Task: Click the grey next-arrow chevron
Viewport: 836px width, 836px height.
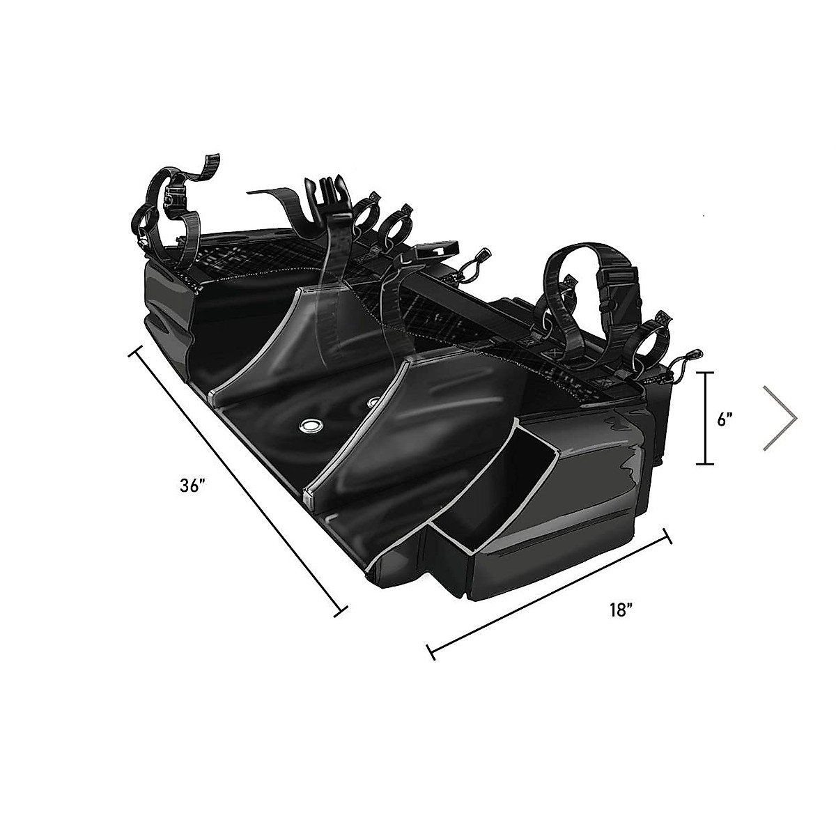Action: tap(780, 418)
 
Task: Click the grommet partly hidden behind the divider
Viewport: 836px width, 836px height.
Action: tap(374, 402)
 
